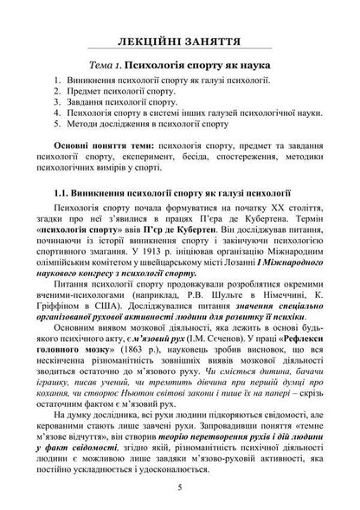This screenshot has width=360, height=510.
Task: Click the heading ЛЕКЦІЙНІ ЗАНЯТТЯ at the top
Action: tap(179, 45)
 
